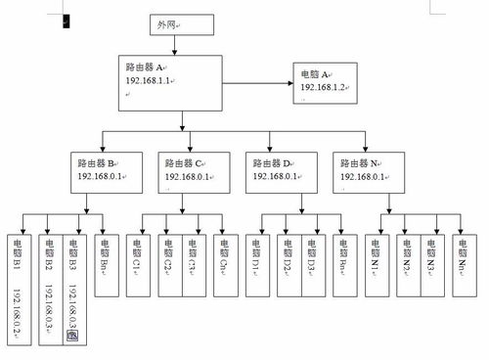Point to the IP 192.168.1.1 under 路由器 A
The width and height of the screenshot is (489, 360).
(150, 81)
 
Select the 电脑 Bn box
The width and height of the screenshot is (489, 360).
(106, 259)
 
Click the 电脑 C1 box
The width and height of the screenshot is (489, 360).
(138, 259)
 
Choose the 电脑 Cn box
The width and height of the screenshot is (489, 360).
(224, 259)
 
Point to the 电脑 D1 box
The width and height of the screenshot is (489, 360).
(256, 259)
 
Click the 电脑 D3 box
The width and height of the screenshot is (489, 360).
(313, 259)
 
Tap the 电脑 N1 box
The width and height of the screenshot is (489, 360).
(375, 259)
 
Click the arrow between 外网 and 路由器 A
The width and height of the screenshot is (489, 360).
(183, 44)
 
